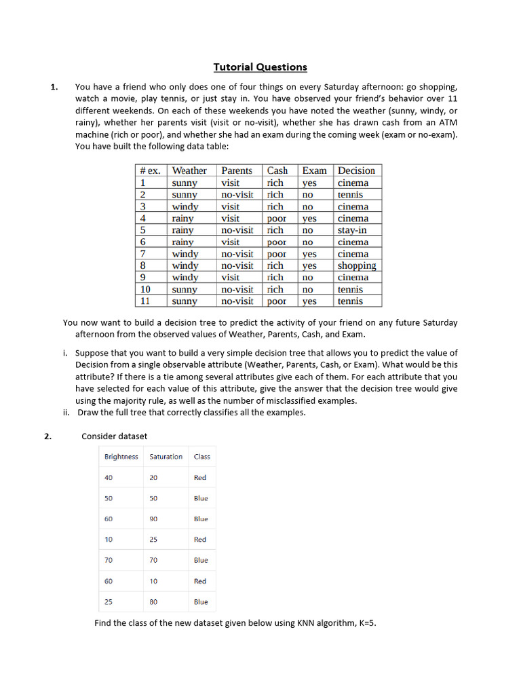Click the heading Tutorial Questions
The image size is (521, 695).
(x=260, y=67)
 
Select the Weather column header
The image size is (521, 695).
(x=189, y=170)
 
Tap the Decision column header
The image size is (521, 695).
(x=356, y=170)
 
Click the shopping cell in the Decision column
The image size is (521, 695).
(x=357, y=266)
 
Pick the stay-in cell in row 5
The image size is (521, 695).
(x=352, y=230)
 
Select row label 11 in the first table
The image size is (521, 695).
(x=145, y=301)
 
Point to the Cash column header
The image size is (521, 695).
(x=277, y=170)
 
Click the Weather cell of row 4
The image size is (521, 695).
(x=182, y=219)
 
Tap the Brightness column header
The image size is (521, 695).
(x=121, y=457)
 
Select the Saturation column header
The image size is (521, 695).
(x=166, y=457)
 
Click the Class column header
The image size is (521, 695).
(x=202, y=457)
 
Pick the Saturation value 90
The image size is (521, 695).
(x=154, y=519)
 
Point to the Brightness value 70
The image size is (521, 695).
(x=109, y=561)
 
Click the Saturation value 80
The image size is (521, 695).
(x=154, y=602)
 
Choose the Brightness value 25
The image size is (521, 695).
(x=109, y=602)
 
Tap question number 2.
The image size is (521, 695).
(x=48, y=436)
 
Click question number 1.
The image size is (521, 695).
(x=54, y=87)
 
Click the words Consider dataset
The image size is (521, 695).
(x=114, y=436)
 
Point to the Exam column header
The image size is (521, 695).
(x=314, y=170)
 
